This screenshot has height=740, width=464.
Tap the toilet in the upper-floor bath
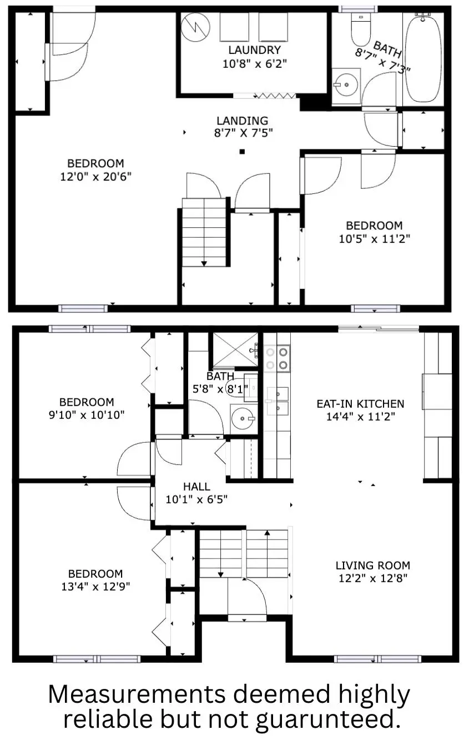[x=361, y=31]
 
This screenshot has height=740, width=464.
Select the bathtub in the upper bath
[x=423, y=58]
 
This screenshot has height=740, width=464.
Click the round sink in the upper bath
[x=345, y=85]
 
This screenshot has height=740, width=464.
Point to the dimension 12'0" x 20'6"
[x=95, y=176]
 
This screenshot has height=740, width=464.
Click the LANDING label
[x=242, y=121]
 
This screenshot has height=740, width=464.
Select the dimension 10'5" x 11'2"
[x=374, y=239]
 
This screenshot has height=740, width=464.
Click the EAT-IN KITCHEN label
[x=360, y=404]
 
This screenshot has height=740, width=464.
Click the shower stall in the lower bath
[x=236, y=349]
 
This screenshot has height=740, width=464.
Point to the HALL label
[x=196, y=487]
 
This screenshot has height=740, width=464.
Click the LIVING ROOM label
[x=373, y=566]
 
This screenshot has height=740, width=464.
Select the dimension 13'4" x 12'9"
[x=95, y=586]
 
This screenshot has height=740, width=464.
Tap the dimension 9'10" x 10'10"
[x=87, y=414]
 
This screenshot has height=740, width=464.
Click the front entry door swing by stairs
[x=248, y=597]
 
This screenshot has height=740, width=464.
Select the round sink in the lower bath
[x=242, y=418]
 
